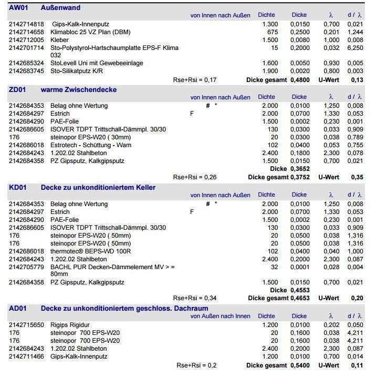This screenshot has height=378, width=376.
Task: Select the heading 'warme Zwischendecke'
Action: (x=79, y=89)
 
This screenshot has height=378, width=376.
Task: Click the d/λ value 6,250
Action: (x=355, y=47)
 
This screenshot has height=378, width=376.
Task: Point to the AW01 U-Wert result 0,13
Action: (x=357, y=80)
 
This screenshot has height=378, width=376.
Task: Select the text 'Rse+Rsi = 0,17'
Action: (x=194, y=80)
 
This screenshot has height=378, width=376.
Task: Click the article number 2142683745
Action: (x=26, y=71)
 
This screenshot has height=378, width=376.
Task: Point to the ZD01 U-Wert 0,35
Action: (x=357, y=177)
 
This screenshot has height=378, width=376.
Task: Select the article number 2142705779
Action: (x=26, y=267)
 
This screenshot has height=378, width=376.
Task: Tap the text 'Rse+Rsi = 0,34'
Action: (x=194, y=298)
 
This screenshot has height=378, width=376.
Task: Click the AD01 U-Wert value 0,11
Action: (x=357, y=365)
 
